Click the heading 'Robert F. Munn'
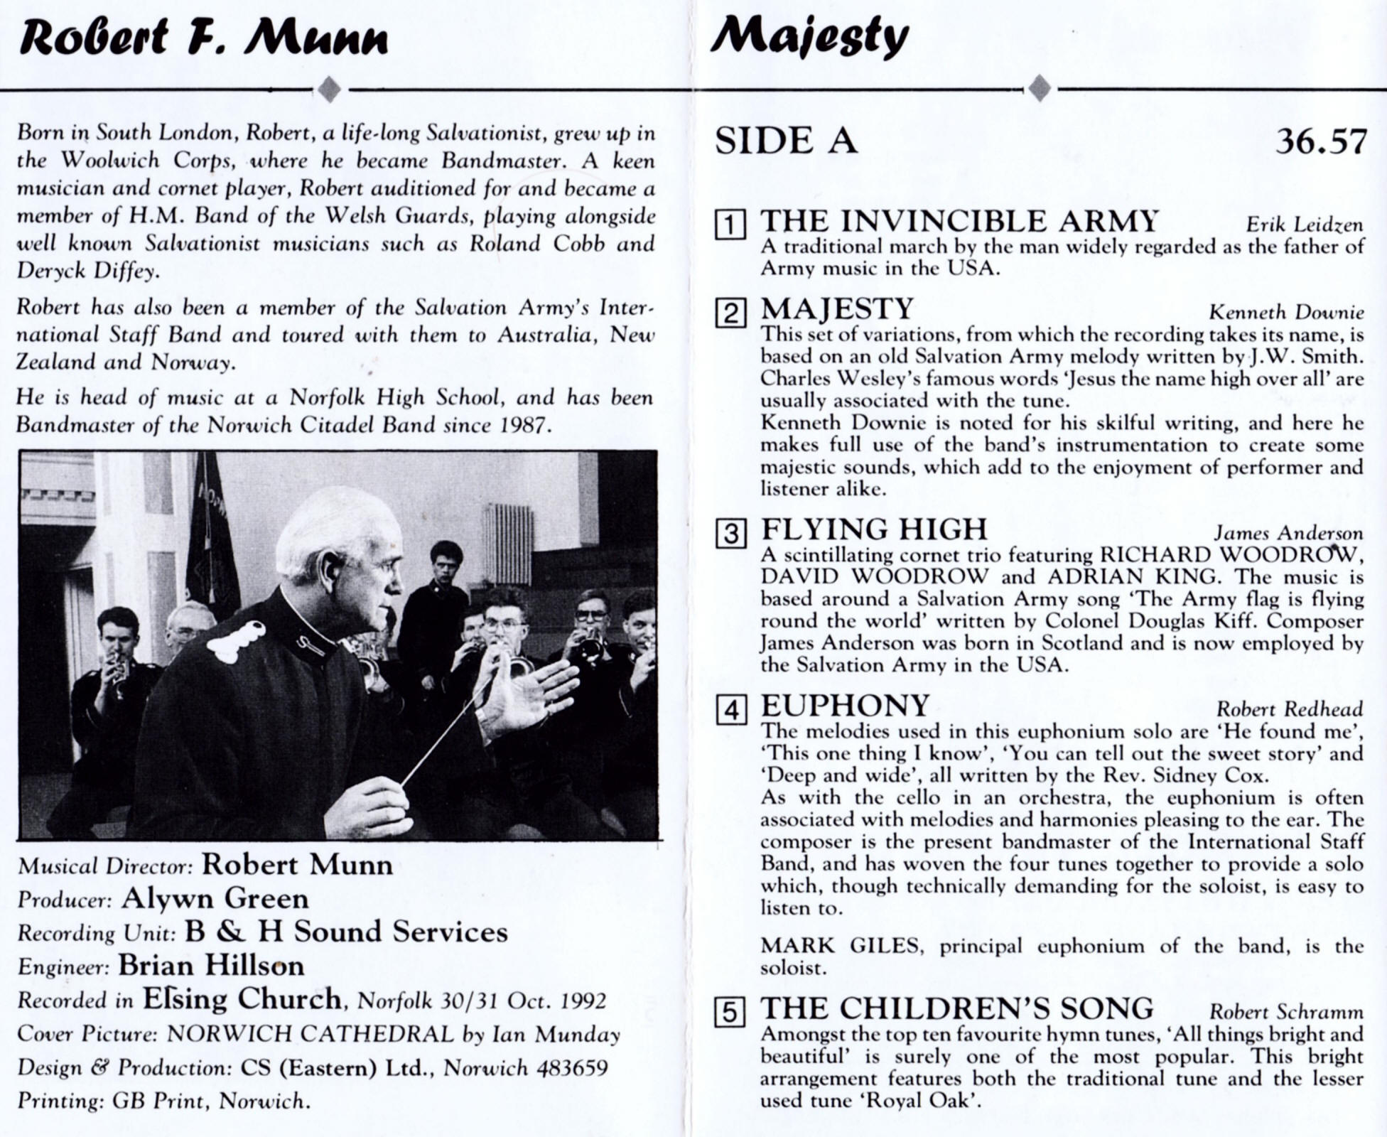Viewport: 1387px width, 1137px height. (x=204, y=37)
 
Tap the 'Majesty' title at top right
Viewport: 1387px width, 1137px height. (x=809, y=37)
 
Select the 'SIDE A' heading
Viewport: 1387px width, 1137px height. (x=785, y=141)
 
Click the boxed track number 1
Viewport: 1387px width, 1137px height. (x=730, y=225)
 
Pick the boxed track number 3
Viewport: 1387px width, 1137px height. (x=730, y=533)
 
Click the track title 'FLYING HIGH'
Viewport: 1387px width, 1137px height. (x=874, y=530)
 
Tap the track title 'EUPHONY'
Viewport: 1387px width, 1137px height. (x=845, y=706)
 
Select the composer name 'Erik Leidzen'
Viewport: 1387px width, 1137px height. (x=1305, y=225)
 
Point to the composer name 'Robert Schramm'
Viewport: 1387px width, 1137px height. (x=1286, y=1012)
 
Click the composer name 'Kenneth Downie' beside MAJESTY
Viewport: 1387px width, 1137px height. (x=1286, y=312)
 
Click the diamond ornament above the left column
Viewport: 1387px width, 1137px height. (x=329, y=90)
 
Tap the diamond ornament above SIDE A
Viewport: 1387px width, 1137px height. (x=1040, y=89)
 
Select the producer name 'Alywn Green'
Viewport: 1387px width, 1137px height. (x=215, y=899)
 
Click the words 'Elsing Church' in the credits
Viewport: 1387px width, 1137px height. (x=242, y=999)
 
